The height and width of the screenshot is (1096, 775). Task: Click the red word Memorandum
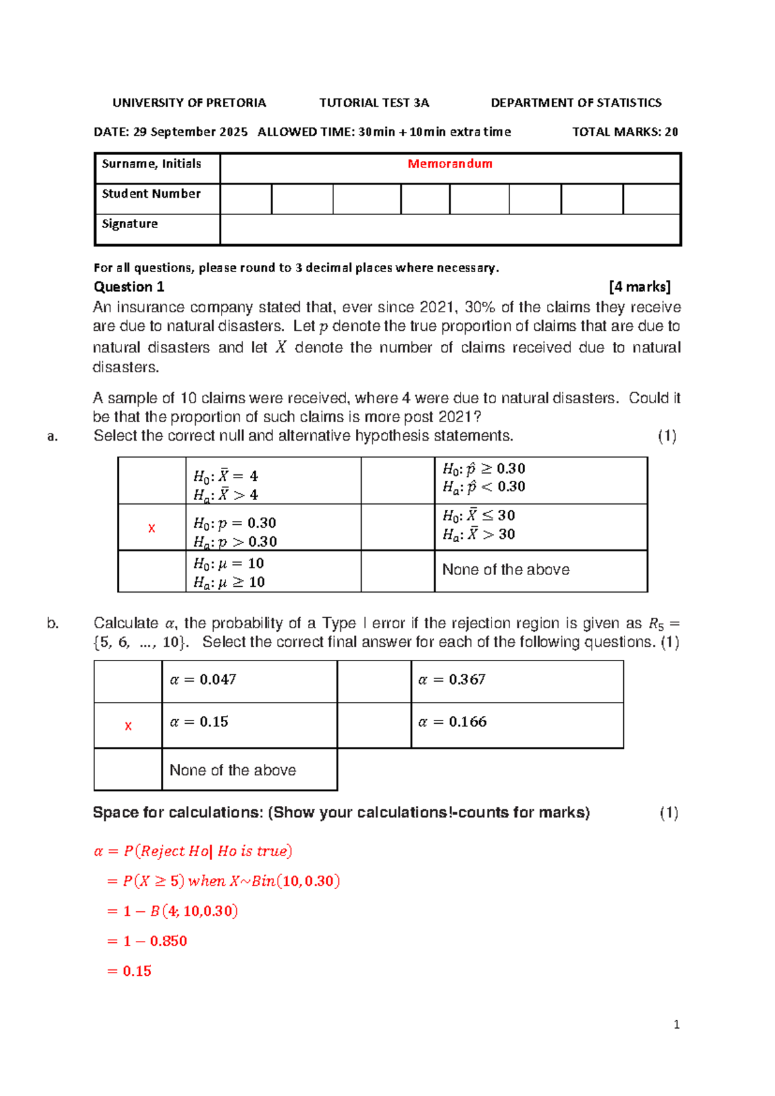(449, 164)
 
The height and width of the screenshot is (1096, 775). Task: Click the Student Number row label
(151, 194)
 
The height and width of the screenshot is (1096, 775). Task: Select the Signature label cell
(130, 224)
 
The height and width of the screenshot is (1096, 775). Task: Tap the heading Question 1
(129, 287)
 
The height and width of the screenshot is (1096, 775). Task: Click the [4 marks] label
(639, 287)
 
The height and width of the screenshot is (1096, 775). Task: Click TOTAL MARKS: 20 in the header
(625, 132)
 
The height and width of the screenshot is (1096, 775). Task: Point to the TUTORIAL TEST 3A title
(374, 103)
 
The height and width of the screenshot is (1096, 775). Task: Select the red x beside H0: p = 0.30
(152, 529)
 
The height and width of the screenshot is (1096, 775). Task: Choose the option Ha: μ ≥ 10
(229, 582)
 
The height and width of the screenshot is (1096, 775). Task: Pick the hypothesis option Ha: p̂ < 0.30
(484, 487)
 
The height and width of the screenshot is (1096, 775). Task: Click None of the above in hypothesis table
(506, 570)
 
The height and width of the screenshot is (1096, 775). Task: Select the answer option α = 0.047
(203, 680)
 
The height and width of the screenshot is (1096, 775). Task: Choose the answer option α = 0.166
(452, 722)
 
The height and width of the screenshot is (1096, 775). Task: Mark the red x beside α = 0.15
(128, 726)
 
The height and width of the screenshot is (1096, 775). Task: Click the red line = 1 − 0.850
(147, 941)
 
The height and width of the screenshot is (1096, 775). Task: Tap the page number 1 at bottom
(676, 1025)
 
